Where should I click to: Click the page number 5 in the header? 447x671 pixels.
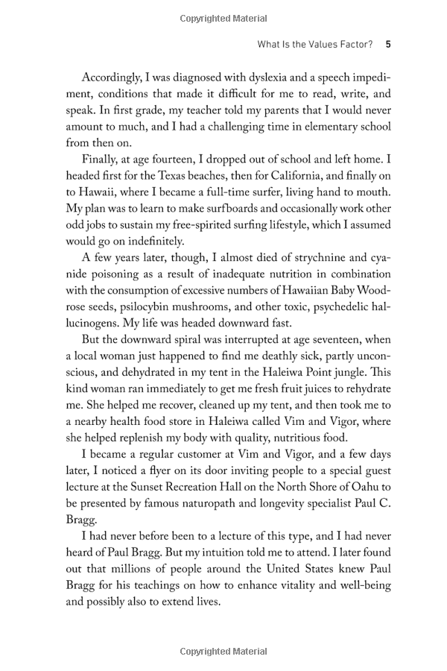click(x=388, y=45)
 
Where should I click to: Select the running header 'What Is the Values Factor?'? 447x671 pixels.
click(x=314, y=45)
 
